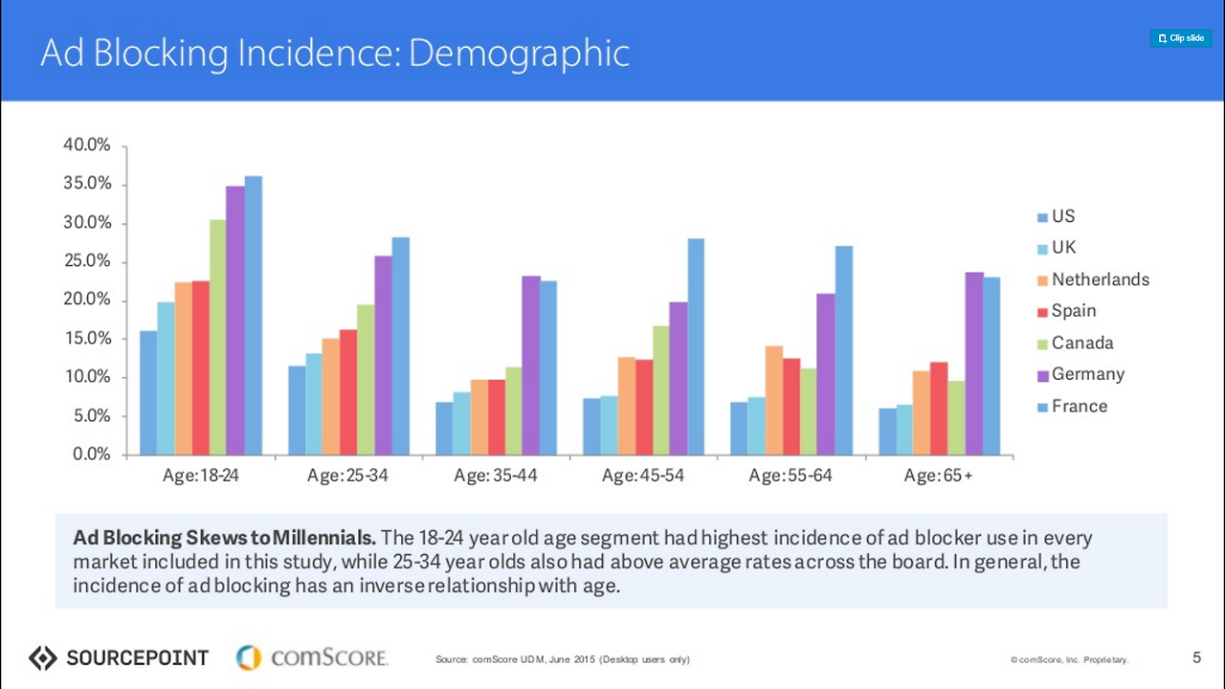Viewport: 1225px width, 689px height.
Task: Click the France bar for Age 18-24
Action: (x=254, y=315)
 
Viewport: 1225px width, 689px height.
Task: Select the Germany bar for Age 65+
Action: (x=974, y=364)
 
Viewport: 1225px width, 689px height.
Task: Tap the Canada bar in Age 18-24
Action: (x=218, y=337)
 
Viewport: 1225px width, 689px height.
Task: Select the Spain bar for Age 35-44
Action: (x=496, y=417)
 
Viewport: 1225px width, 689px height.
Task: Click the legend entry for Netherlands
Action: (x=1100, y=279)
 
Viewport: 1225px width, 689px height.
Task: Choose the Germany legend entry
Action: (x=1087, y=374)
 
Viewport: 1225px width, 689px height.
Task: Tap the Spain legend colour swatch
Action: (x=1042, y=312)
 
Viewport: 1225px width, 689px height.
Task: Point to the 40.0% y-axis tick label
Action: (x=87, y=145)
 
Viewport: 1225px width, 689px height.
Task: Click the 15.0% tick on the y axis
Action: (x=87, y=339)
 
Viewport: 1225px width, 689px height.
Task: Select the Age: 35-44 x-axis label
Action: (x=495, y=476)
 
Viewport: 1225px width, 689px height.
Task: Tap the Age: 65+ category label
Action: (x=938, y=476)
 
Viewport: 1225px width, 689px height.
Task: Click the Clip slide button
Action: (x=1181, y=38)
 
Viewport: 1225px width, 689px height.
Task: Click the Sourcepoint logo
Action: (x=119, y=657)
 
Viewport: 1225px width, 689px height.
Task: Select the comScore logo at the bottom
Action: (x=312, y=657)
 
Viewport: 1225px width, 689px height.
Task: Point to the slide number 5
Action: (x=1196, y=657)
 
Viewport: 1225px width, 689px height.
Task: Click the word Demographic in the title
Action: (x=519, y=54)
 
